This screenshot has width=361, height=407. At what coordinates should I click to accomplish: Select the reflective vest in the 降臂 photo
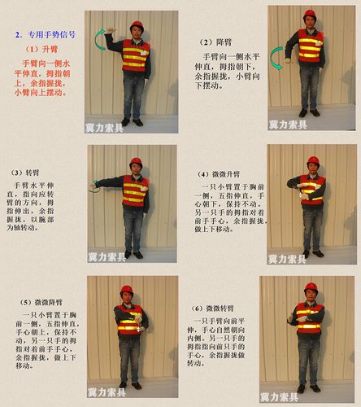click(310, 46)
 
